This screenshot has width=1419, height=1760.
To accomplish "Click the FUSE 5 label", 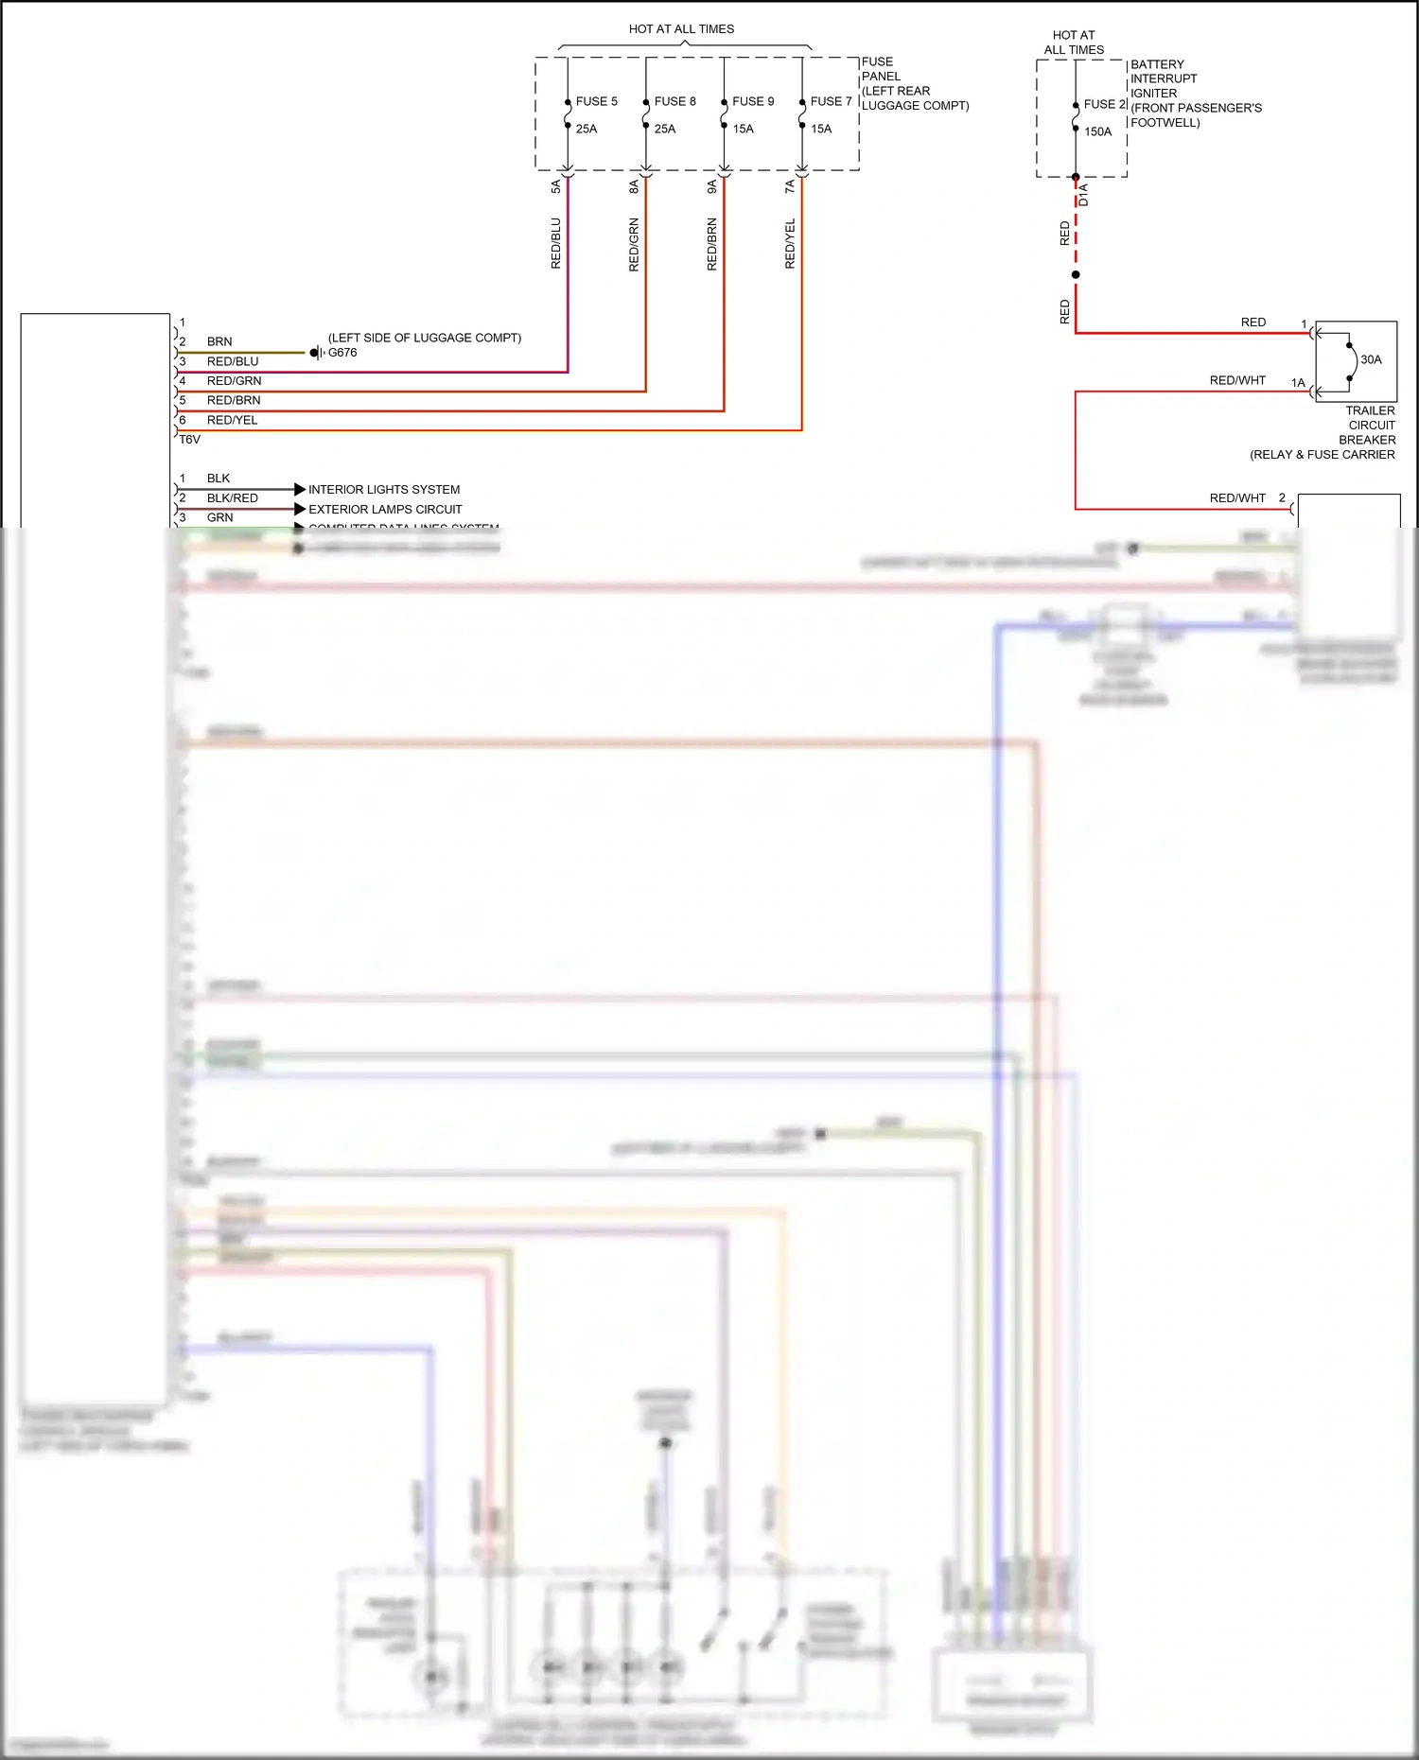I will (x=596, y=101).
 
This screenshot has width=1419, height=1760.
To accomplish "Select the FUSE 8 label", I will (x=674, y=101).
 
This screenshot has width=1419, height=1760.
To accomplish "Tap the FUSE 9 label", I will (x=753, y=101).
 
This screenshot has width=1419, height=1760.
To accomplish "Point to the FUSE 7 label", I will (x=831, y=101).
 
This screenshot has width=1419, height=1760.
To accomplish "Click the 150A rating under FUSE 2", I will (x=1097, y=131).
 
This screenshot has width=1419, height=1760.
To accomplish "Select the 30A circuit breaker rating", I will (x=1371, y=359).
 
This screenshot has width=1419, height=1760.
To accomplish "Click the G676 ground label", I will (x=342, y=353).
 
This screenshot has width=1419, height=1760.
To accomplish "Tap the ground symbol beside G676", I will (x=317, y=353).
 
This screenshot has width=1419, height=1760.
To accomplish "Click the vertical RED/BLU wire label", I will (x=556, y=243).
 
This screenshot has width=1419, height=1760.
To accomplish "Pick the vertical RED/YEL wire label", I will (x=790, y=243).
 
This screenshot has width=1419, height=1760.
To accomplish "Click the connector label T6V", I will (x=190, y=440).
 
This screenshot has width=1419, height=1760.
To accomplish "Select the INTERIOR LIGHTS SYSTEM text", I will (x=384, y=490).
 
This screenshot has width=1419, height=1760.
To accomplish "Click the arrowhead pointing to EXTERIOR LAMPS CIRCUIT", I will (x=300, y=509).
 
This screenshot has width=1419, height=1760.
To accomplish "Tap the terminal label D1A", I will (x=1084, y=195).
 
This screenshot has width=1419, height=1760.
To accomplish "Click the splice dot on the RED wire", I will (x=1076, y=275).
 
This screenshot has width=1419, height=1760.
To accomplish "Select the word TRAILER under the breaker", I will (x=1370, y=410).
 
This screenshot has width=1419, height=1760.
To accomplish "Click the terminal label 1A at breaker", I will (x=1298, y=383).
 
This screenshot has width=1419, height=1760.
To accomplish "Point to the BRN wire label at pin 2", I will (x=219, y=341).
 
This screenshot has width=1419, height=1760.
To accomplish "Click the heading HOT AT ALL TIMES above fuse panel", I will (x=681, y=29).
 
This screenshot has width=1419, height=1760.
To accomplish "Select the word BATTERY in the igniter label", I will (x=1157, y=64).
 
